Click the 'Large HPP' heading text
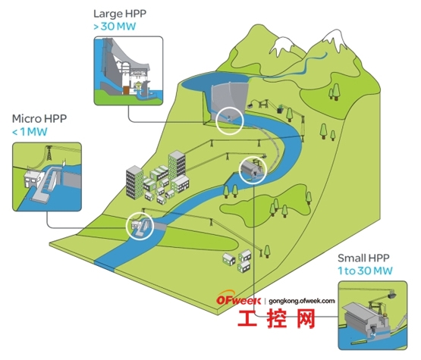[x=120, y=14]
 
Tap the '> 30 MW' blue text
[x=115, y=27]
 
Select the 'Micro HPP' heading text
[x=39, y=118]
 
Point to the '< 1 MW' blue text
[x=30, y=132]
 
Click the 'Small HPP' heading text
[x=363, y=258]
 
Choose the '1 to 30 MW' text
[x=365, y=271]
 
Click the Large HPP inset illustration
[x=128, y=70]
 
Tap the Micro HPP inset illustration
[x=47, y=177]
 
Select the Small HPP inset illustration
[x=372, y=315]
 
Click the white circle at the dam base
[x=216, y=121]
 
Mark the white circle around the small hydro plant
[x=240, y=170]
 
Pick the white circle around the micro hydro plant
[x=127, y=225]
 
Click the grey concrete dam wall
[x=228, y=98]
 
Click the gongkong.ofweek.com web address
[x=302, y=301]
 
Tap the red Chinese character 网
[x=306, y=318]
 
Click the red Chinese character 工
[x=247, y=318]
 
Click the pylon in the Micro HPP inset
[x=49, y=153]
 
